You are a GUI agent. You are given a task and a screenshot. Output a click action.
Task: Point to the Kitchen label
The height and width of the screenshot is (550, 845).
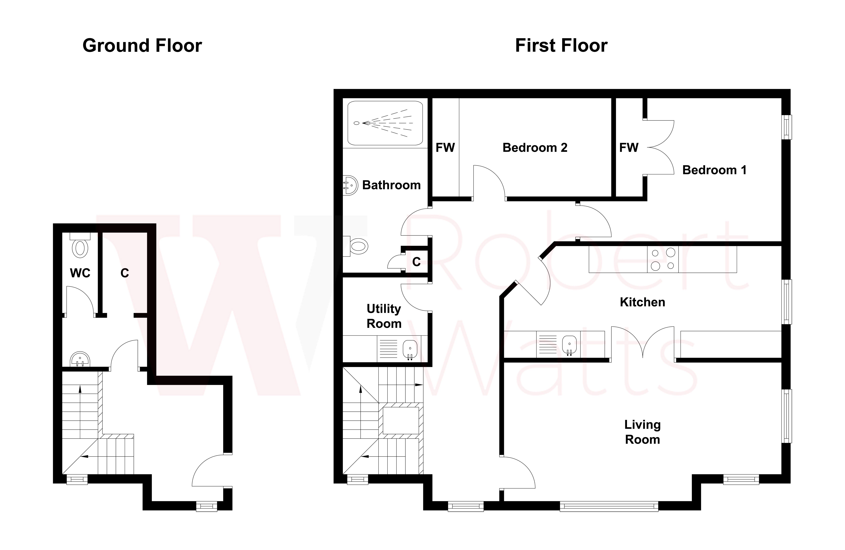[x=642, y=302]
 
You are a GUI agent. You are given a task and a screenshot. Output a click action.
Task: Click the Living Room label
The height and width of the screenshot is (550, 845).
[x=642, y=432]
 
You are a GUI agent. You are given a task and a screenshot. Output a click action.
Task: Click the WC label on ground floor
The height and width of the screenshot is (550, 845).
[x=80, y=273]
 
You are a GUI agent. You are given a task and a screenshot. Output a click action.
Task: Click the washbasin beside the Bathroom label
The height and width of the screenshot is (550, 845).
[x=351, y=185]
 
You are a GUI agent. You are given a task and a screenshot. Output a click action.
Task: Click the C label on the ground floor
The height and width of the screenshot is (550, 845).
[x=125, y=273]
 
